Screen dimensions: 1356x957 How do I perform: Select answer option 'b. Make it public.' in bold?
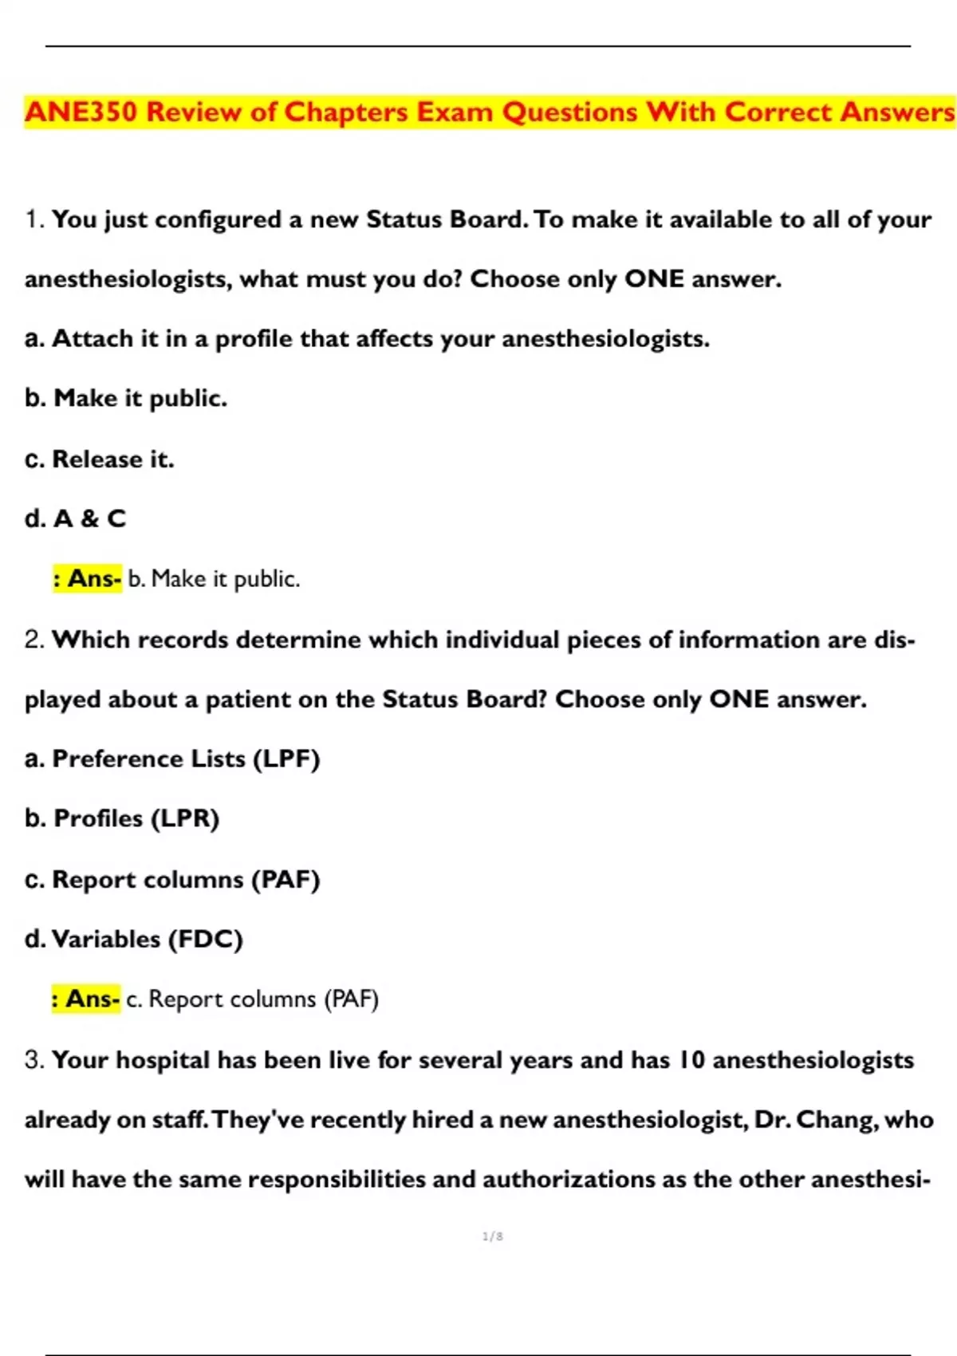click(x=126, y=398)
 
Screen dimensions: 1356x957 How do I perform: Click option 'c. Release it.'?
click(x=100, y=459)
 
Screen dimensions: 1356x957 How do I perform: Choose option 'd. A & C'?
click(x=76, y=518)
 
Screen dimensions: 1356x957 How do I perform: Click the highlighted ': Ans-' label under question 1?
click(x=87, y=578)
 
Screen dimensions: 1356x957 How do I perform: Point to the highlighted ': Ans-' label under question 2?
click(x=85, y=999)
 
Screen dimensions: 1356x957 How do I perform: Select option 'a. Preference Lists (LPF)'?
click(x=172, y=759)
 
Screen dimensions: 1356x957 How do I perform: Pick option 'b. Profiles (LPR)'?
click(x=122, y=818)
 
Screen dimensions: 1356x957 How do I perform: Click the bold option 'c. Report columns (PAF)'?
click(x=172, y=879)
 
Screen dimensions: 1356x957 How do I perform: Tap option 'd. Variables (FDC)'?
click(x=134, y=939)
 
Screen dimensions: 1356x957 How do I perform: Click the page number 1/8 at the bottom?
click(x=493, y=1236)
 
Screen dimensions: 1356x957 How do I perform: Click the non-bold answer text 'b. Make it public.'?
click(x=214, y=578)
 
